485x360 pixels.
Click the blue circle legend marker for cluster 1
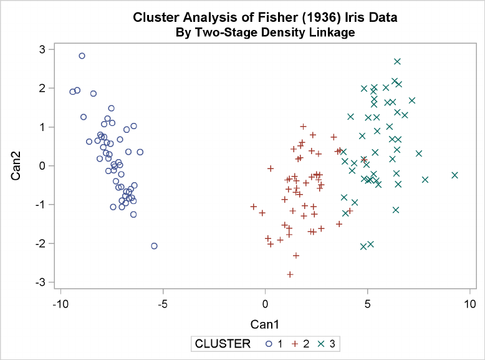pyautogui.click(x=267, y=343)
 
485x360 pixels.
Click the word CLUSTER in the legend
pyautogui.click(x=223, y=343)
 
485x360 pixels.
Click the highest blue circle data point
pyautogui.click(x=82, y=56)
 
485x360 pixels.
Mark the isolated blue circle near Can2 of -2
pyautogui.click(x=154, y=246)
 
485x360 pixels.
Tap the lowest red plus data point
pyautogui.click(x=290, y=274)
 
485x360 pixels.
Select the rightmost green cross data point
pyautogui.click(x=454, y=175)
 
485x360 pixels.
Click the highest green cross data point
pyautogui.click(x=397, y=61)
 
